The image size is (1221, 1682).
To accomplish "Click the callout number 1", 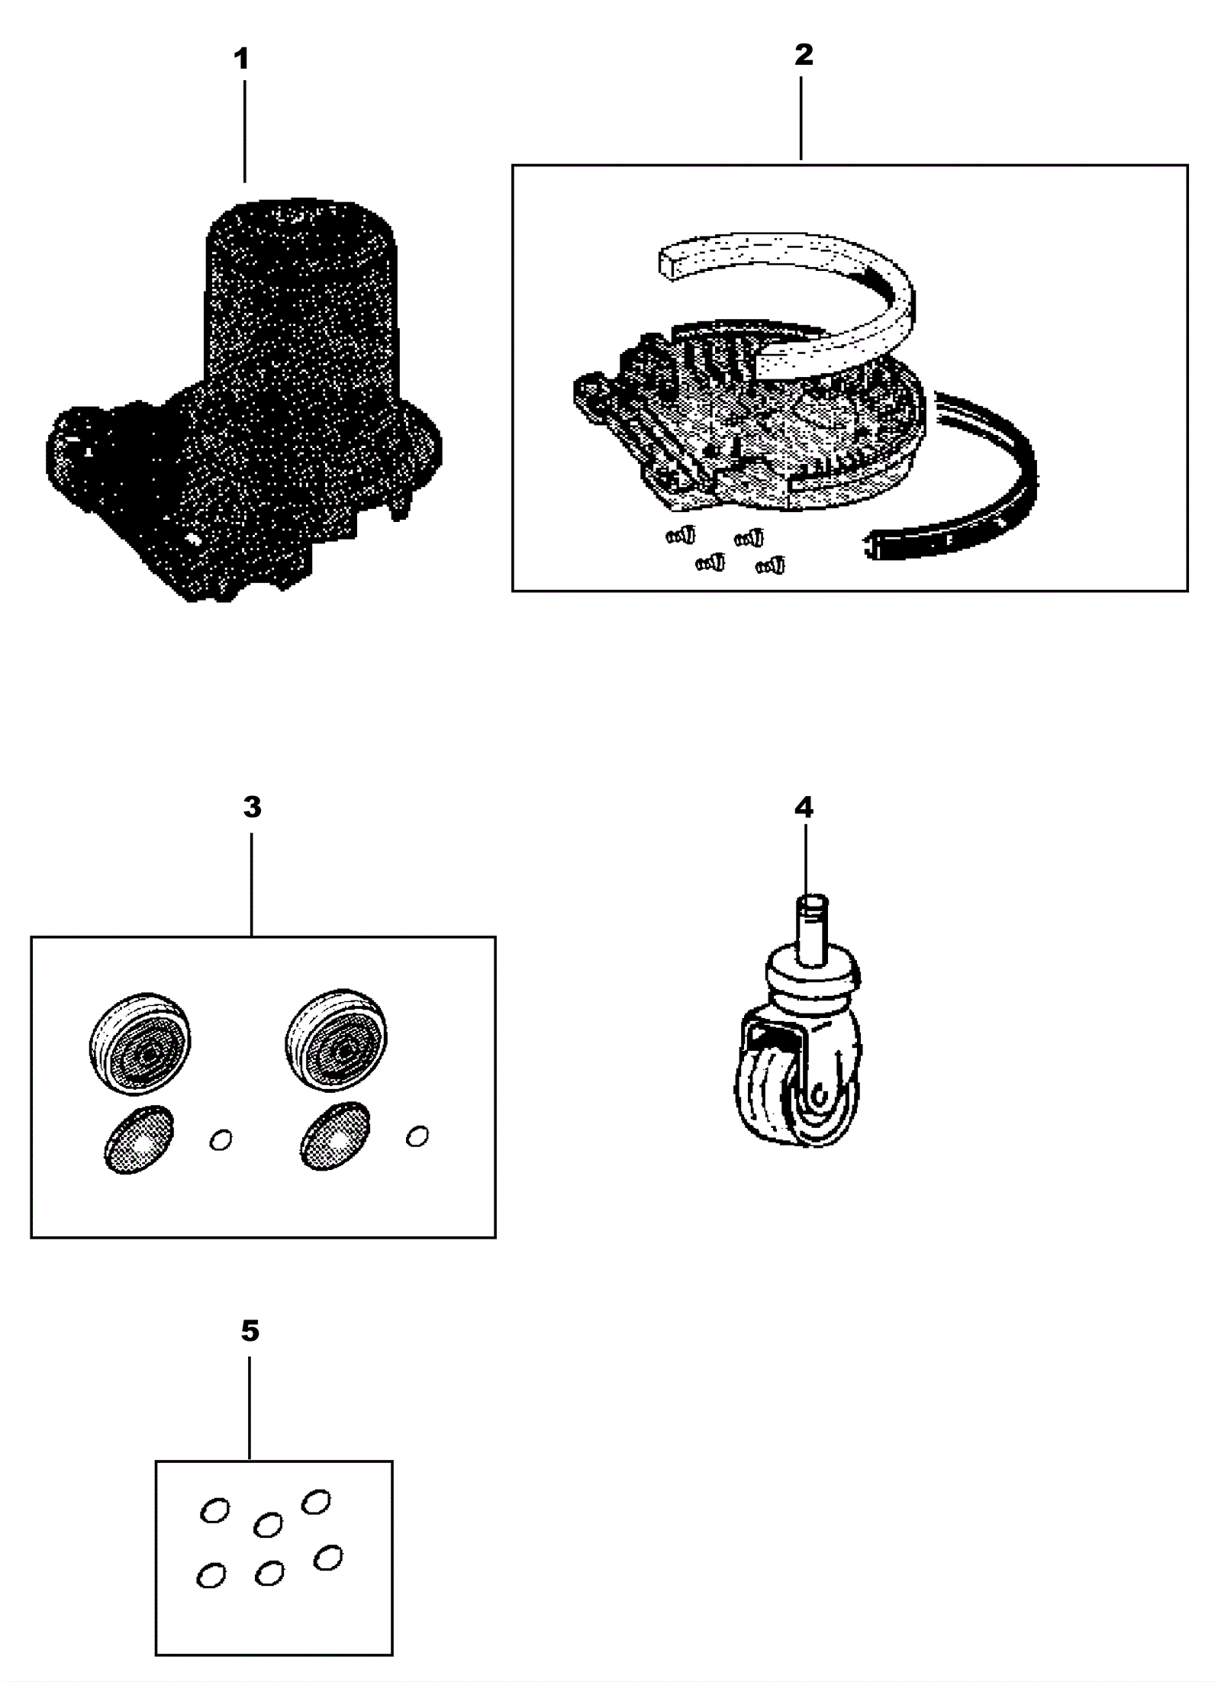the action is [241, 59].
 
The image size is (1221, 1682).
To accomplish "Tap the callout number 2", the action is [804, 54].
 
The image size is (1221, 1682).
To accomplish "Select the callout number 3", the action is [252, 807].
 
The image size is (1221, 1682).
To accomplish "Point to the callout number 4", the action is [804, 807].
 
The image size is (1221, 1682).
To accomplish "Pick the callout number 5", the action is [250, 1330].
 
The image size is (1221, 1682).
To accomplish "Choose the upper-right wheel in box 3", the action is [336, 1042].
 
